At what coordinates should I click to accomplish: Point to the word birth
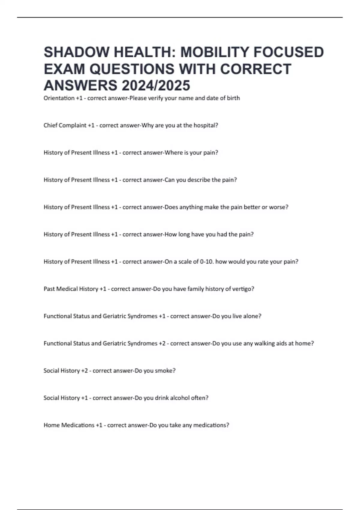pyautogui.click(x=233, y=98)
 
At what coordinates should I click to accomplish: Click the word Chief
pyautogui.click(x=50, y=125)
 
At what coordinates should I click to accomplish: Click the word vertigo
pyautogui.click(x=243, y=289)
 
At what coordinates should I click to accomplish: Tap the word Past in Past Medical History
pyautogui.click(x=49, y=289)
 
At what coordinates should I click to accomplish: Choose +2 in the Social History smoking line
pyautogui.click(x=84, y=370)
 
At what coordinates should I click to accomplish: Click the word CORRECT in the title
pyautogui.click(x=256, y=69)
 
